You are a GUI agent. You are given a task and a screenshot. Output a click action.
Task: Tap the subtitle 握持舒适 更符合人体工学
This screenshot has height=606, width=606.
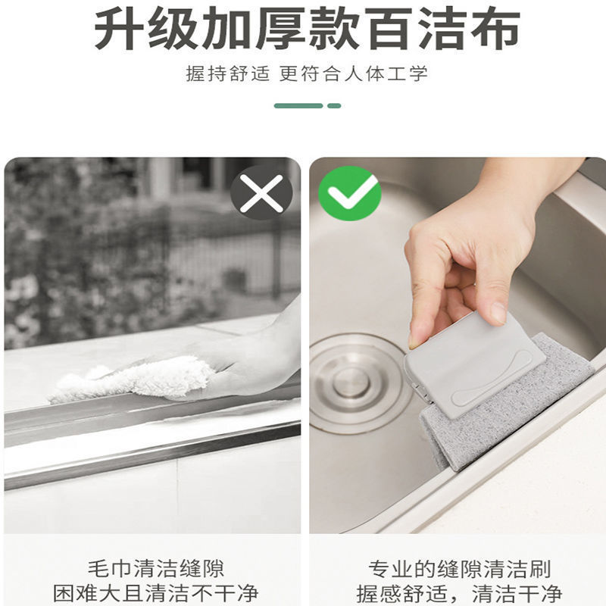tap(307, 73)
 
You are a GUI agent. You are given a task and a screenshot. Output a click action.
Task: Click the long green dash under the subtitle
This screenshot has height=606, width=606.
tap(298, 105)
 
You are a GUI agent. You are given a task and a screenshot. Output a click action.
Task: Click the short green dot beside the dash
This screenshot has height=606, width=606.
tap(334, 105)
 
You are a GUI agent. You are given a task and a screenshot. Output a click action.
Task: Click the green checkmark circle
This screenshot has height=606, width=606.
tap(349, 193)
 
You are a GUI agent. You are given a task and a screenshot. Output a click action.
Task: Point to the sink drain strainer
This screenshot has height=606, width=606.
tap(350, 383)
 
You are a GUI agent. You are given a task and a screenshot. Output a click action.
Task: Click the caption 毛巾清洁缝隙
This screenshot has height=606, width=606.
tap(156, 568)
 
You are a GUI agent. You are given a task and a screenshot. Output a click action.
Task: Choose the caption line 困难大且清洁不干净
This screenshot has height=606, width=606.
tap(156, 593)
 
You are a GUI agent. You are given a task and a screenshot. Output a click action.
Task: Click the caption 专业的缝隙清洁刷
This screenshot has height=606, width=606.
tap(459, 568)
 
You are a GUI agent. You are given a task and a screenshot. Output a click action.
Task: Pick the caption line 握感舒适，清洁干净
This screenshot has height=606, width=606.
tap(459, 593)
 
